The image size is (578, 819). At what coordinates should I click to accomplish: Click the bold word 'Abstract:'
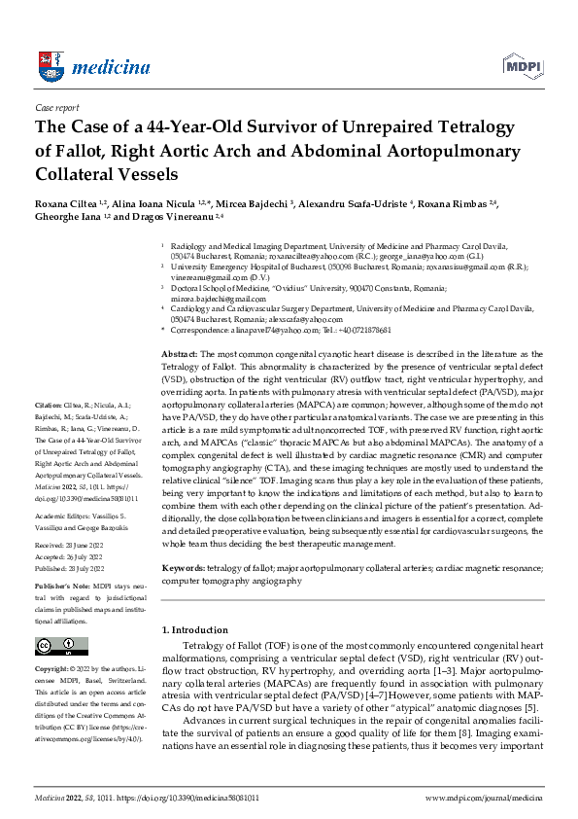(179, 357)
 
